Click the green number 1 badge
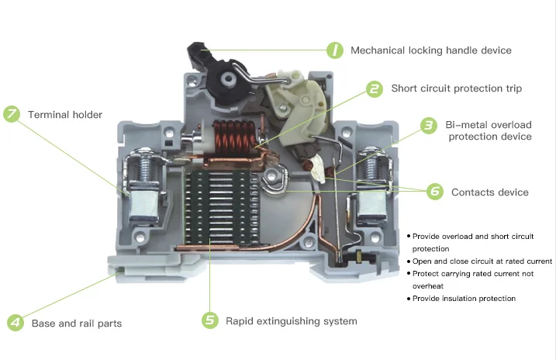tap(333, 50)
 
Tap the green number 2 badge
tap(374, 89)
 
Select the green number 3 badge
tap(428, 125)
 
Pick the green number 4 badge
tap(15, 323)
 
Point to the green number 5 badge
tap(209, 320)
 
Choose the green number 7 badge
tap(12, 115)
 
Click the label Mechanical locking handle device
tap(430, 50)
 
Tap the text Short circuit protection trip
tap(456, 89)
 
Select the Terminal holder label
tap(65, 115)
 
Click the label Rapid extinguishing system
tap(291, 320)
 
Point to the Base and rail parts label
tap(76, 324)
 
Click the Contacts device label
tap(489, 192)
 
